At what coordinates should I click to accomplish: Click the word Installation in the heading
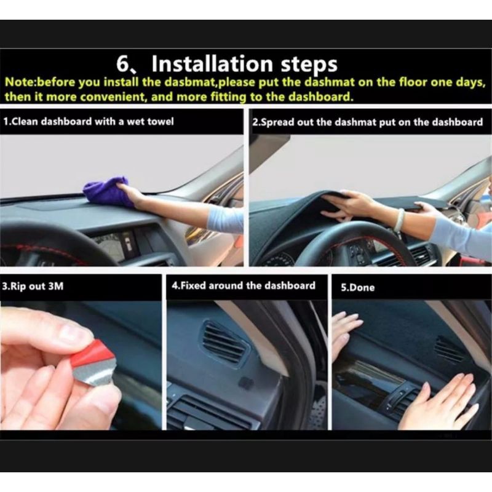[x=212, y=63]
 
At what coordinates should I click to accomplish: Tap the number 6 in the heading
[x=122, y=64]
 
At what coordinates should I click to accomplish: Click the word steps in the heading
[x=309, y=65]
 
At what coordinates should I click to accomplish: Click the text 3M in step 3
[x=56, y=286]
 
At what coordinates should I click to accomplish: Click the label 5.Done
[x=358, y=287]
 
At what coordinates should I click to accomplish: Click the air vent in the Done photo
[x=450, y=349]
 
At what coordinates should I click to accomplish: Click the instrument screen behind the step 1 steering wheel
[x=114, y=245]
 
